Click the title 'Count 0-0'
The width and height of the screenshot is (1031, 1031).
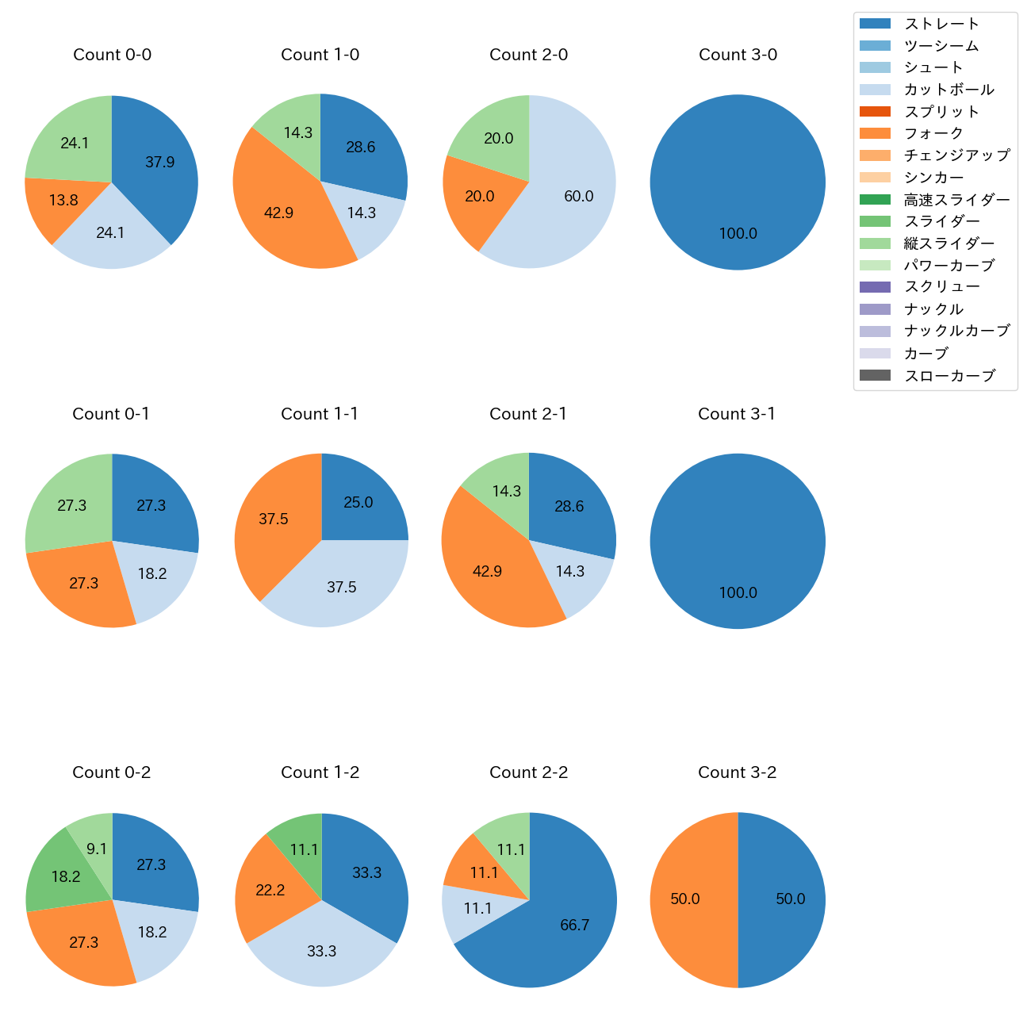[x=112, y=55]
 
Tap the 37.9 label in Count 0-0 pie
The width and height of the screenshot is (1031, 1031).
[x=159, y=163]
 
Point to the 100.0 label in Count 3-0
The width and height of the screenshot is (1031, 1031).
[x=738, y=234]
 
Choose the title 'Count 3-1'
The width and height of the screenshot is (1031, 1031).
[x=737, y=414]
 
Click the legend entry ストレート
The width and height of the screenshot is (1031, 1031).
[x=941, y=24]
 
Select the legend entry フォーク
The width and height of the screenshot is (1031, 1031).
[x=933, y=134]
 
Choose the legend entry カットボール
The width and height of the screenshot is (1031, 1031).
[x=949, y=90]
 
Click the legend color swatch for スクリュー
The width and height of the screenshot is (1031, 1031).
[x=875, y=287]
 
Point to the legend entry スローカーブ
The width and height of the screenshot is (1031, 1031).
[x=949, y=376]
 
